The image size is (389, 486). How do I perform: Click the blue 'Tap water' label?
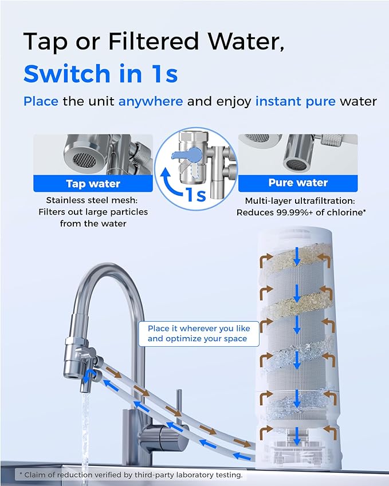click(x=93, y=184)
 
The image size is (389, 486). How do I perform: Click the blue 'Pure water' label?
click(x=297, y=183)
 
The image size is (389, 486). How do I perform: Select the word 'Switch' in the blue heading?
click(x=67, y=73)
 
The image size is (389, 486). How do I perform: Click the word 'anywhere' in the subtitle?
click(x=151, y=101)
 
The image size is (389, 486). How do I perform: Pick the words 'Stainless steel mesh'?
click(x=93, y=200)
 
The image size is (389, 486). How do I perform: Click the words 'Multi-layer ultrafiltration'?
click(x=297, y=201)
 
